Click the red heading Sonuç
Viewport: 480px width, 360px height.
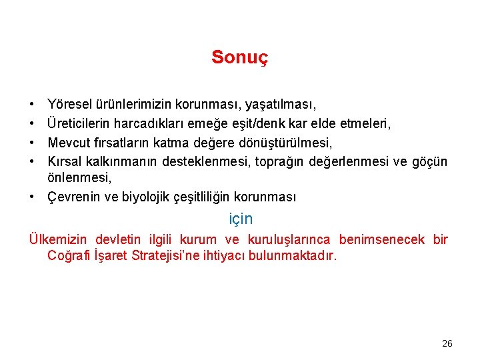[x=239, y=57]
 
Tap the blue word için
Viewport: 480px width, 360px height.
[x=241, y=218]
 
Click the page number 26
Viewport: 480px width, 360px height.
[x=447, y=343]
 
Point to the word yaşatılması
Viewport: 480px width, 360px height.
[x=281, y=105]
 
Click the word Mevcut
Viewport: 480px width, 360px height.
[x=69, y=143]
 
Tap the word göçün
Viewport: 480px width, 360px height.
[x=430, y=162]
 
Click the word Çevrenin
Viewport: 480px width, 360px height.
[x=73, y=197]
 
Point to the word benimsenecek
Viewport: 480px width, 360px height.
[x=381, y=240]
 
